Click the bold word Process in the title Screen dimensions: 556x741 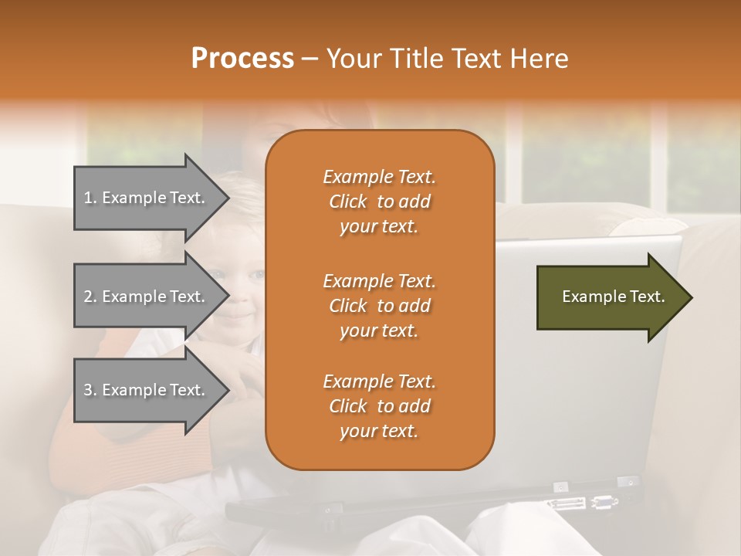(x=242, y=59)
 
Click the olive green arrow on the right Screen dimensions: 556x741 (x=610, y=297)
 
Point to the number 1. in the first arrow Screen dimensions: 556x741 (x=90, y=198)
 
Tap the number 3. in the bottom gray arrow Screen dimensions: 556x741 (x=90, y=390)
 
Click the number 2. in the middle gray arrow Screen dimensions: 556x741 (x=90, y=297)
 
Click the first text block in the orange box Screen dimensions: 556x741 (x=380, y=202)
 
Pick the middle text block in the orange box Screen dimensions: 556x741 (x=380, y=305)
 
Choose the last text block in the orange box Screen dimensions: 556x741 (x=380, y=406)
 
